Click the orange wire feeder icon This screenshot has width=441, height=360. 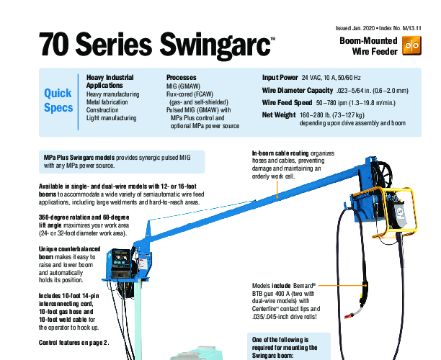[411, 45]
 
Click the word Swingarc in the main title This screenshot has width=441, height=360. [215, 45]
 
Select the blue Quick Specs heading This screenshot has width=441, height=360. [58, 100]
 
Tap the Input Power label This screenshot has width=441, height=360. [280, 78]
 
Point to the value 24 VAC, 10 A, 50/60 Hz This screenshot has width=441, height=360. [331, 78]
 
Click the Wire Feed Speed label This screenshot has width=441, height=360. [287, 103]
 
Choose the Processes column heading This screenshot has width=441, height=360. [181, 78]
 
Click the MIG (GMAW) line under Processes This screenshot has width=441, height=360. [183, 86]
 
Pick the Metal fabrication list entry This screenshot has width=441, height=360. [107, 102]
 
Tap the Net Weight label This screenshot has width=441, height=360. [279, 115]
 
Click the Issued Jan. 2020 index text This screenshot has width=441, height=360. [378, 28]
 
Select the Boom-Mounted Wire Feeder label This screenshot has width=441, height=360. [368, 46]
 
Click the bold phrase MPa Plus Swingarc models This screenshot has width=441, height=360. [79, 158]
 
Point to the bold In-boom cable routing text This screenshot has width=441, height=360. [280, 153]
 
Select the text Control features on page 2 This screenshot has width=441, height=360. [74, 343]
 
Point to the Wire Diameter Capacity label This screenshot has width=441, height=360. [298, 91]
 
